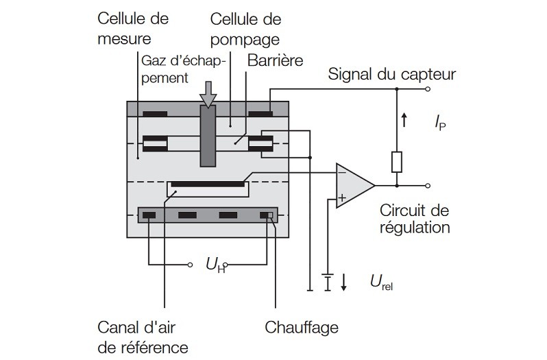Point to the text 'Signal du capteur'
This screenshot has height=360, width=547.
point(392,73)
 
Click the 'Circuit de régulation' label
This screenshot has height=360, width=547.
point(413,218)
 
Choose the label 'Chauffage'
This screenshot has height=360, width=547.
point(302,327)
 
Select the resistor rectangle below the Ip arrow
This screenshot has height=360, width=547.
point(397,162)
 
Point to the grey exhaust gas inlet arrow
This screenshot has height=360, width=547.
point(208,95)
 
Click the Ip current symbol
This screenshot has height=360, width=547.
point(439,123)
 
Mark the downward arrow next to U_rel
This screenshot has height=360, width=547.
point(343,282)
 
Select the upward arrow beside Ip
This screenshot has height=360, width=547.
point(404,122)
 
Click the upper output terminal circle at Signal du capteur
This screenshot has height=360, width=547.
point(428,89)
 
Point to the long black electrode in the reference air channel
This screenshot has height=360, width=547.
point(208,184)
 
